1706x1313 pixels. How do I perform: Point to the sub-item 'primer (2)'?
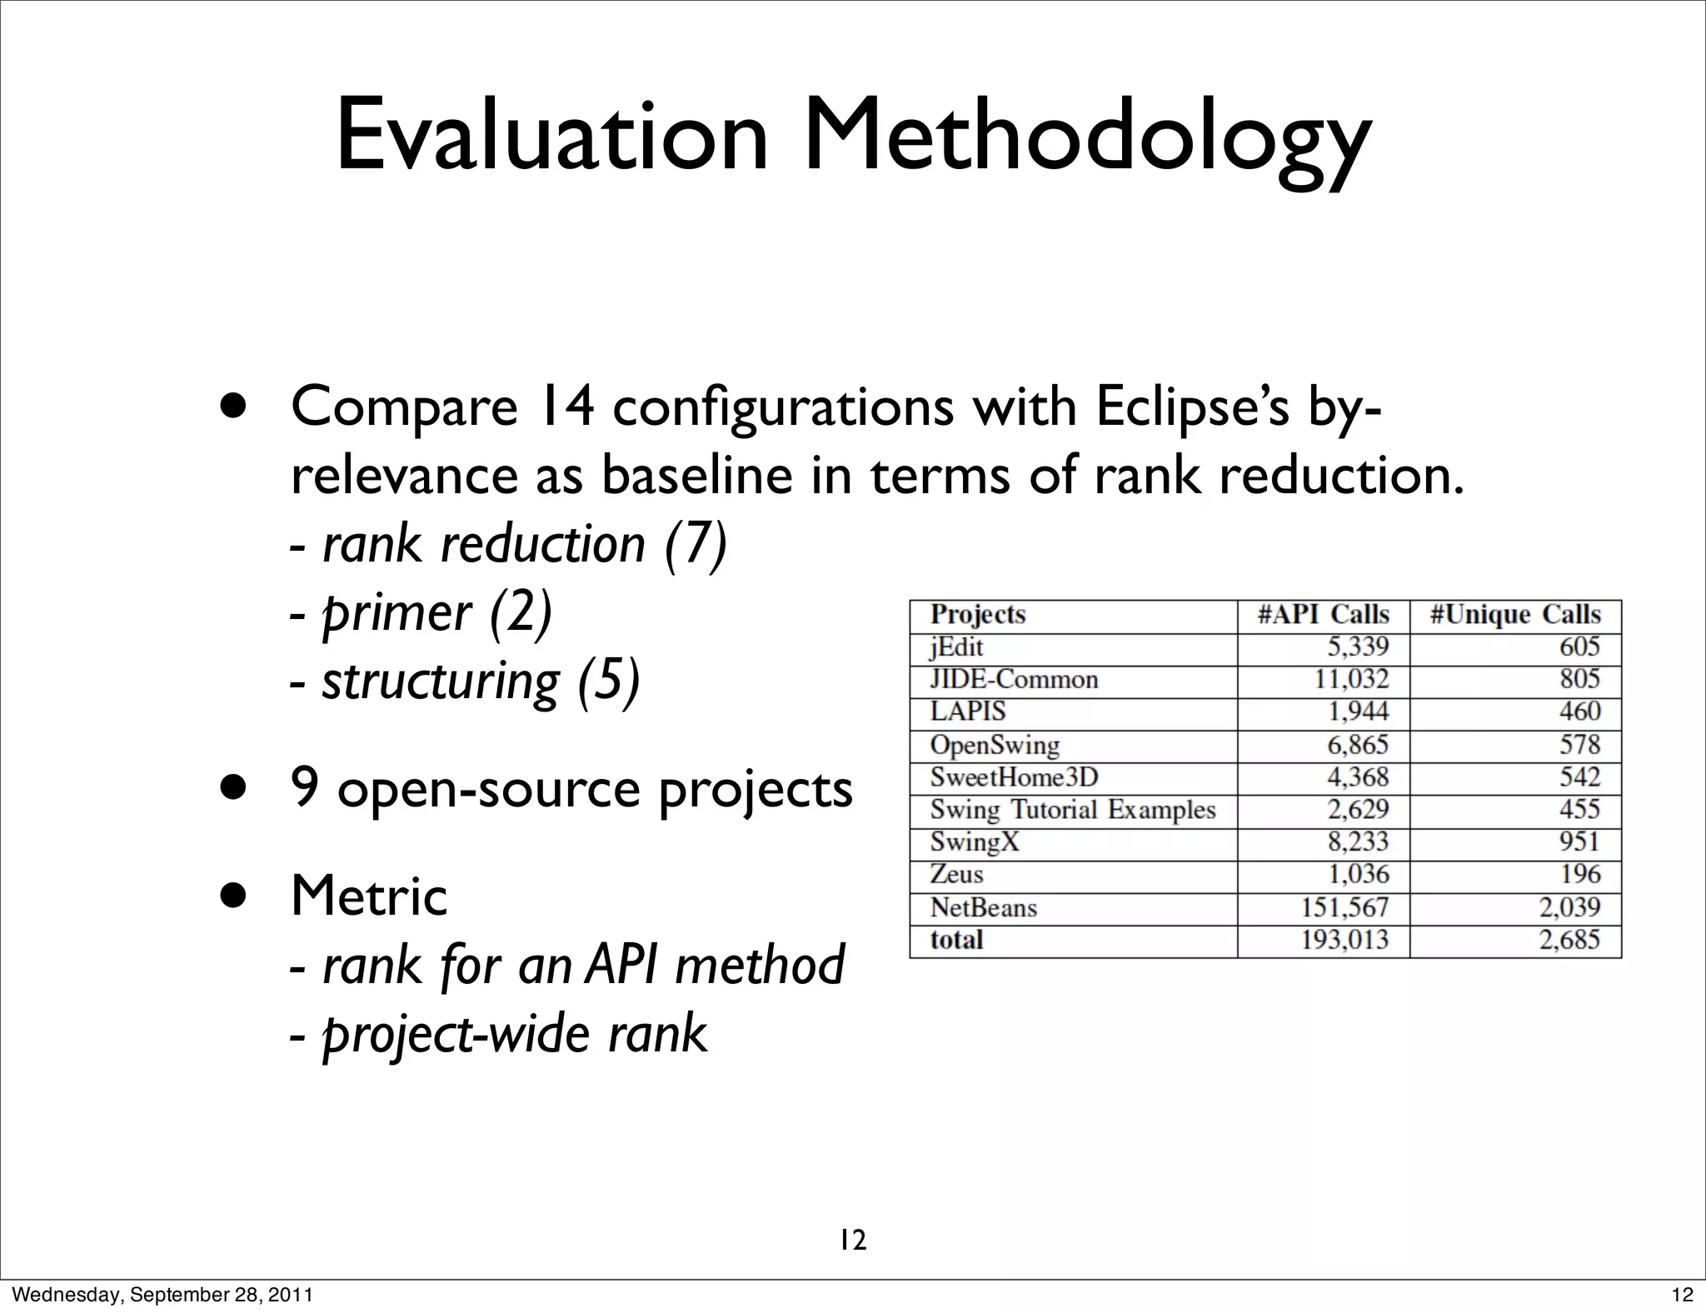(436, 614)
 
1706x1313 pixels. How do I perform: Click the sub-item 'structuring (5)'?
(481, 681)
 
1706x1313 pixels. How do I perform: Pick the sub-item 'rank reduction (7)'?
(525, 544)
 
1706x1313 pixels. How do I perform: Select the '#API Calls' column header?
(1323, 615)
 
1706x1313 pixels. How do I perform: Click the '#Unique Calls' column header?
(1515, 615)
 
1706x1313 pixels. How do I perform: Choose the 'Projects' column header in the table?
(977, 615)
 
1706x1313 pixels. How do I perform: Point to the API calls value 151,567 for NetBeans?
(1344, 907)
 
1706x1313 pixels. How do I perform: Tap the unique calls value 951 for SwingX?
(1579, 841)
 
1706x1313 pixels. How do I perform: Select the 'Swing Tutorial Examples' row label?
(1072, 810)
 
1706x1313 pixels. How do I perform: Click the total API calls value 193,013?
(1344, 940)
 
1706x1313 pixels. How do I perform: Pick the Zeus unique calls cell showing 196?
(1580, 874)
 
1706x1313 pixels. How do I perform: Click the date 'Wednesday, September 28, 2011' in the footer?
(164, 1295)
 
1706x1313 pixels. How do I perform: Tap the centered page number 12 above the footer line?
(852, 1241)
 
